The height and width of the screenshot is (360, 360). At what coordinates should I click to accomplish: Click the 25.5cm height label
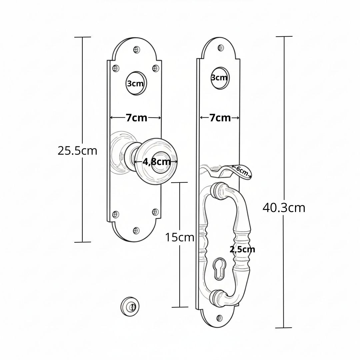tap(77, 151)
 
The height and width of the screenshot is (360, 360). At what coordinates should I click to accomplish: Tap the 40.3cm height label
tap(284, 208)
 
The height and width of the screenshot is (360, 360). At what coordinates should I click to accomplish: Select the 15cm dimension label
tap(180, 237)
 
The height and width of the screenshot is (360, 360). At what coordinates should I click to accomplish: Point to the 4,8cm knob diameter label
tap(157, 162)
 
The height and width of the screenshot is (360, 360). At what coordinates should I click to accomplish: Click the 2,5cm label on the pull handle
tap(242, 249)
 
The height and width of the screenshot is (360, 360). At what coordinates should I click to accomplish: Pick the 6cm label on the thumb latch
tap(242, 171)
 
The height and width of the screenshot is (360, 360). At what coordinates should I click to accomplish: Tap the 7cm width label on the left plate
tap(136, 118)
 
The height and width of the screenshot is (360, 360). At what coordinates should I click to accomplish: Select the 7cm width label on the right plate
tap(220, 118)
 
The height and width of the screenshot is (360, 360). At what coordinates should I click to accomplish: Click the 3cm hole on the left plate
tap(136, 83)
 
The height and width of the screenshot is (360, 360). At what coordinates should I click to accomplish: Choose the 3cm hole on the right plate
tap(220, 78)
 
